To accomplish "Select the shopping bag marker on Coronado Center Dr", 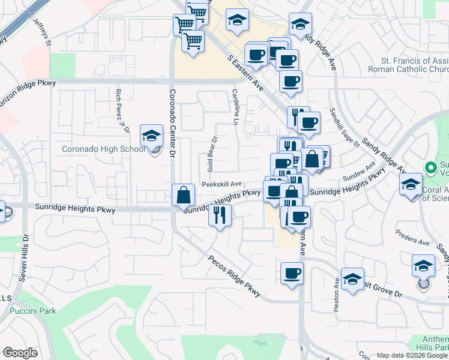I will (x=182, y=195).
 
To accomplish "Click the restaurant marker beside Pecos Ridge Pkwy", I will (x=220, y=214).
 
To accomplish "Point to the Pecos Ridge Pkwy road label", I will (x=234, y=277).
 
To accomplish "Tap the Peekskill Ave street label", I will (x=221, y=184).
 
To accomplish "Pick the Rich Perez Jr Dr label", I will (x=122, y=111).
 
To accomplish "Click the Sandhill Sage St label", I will (x=343, y=128).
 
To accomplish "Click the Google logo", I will (x=20, y=353).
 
